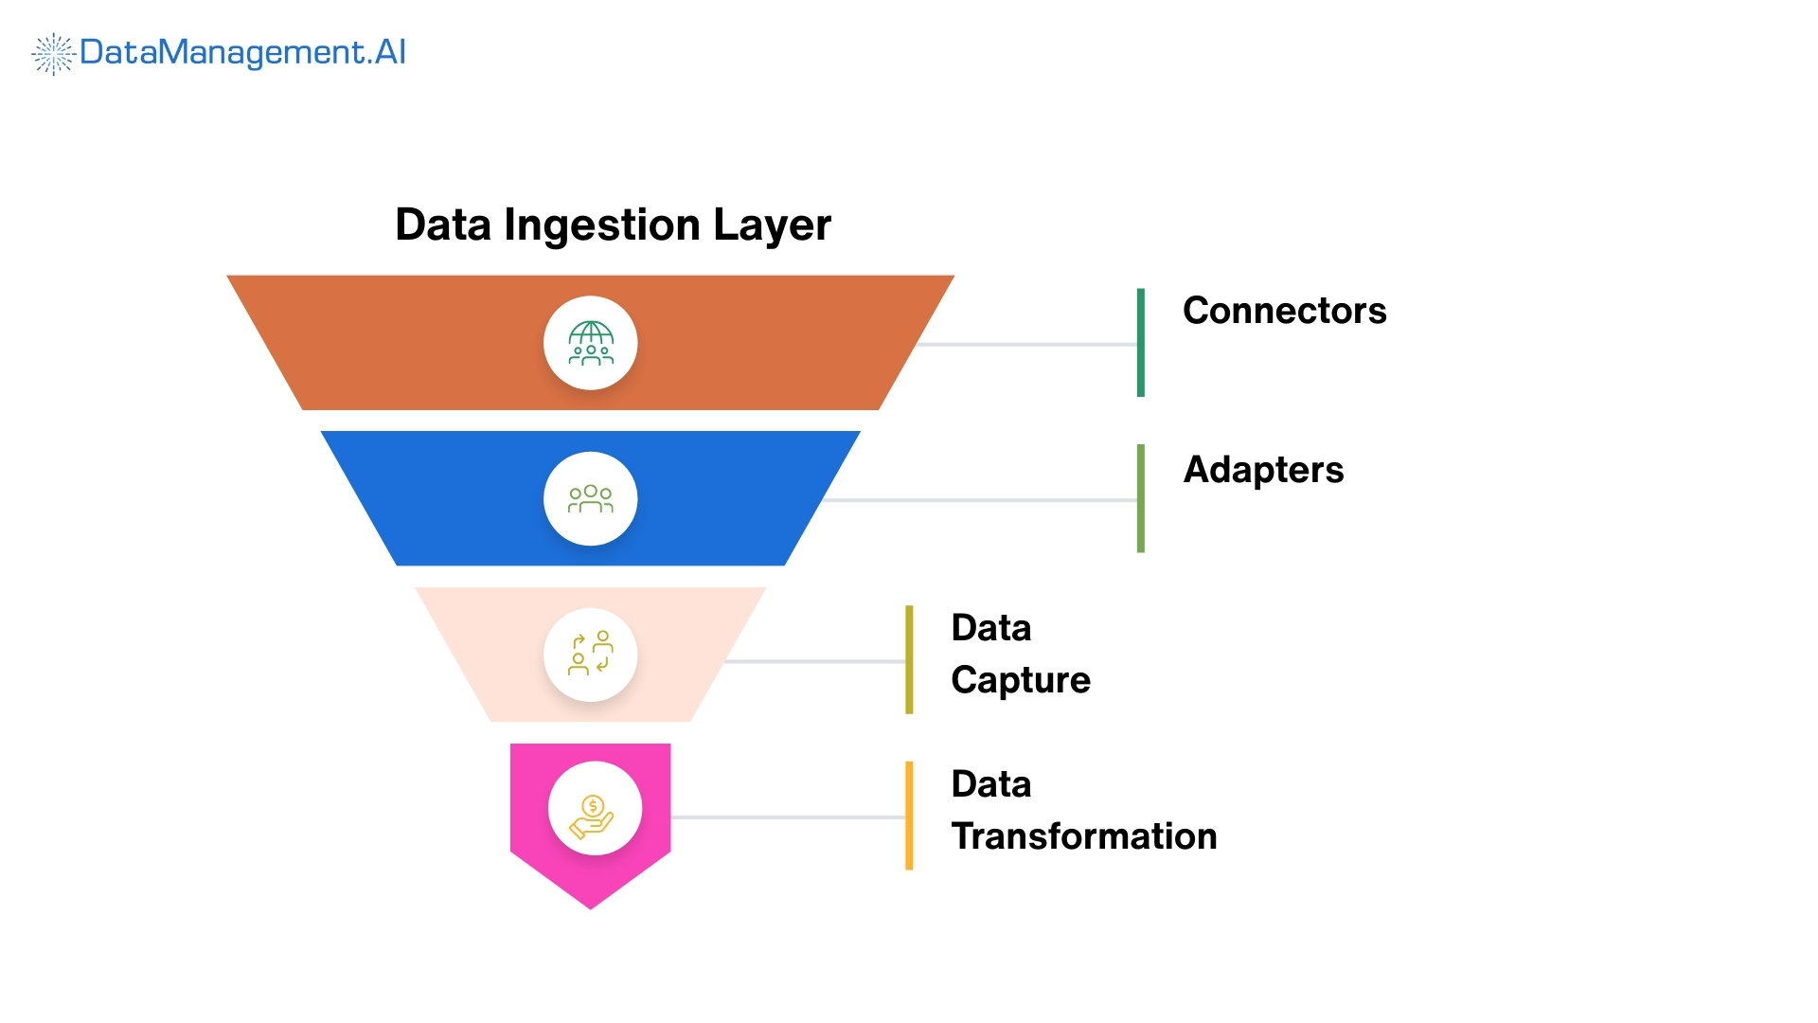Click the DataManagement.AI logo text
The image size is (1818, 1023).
pyautogui.click(x=242, y=52)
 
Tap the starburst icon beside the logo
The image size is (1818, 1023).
pyautogui.click(x=53, y=54)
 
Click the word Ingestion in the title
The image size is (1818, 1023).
pyautogui.click(x=602, y=225)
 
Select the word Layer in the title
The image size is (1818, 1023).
pyautogui.click(x=772, y=225)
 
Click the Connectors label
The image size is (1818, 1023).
pyautogui.click(x=1284, y=311)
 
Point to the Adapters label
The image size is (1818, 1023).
pyautogui.click(x=1263, y=470)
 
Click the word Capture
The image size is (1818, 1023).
pyautogui.click(x=1020, y=680)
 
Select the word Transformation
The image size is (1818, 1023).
pyautogui.click(x=1083, y=836)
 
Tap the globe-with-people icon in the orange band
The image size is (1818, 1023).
pyautogui.click(x=591, y=343)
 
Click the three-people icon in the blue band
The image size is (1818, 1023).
pyautogui.click(x=591, y=499)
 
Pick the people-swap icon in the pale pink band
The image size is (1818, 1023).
pyautogui.click(x=591, y=655)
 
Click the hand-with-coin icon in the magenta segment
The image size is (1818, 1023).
pyautogui.click(x=594, y=814)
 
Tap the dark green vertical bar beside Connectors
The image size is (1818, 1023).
pyautogui.click(x=1140, y=343)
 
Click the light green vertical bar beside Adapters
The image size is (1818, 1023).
pyautogui.click(x=1140, y=498)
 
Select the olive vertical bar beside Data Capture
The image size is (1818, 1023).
pyautogui.click(x=909, y=659)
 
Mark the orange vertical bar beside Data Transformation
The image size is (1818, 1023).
pyautogui.click(x=909, y=816)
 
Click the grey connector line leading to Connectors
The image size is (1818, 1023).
pyautogui.click(x=1027, y=344)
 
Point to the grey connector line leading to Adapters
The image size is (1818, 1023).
pyautogui.click(x=980, y=499)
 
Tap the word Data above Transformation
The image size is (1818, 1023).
pyautogui.click(x=990, y=784)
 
